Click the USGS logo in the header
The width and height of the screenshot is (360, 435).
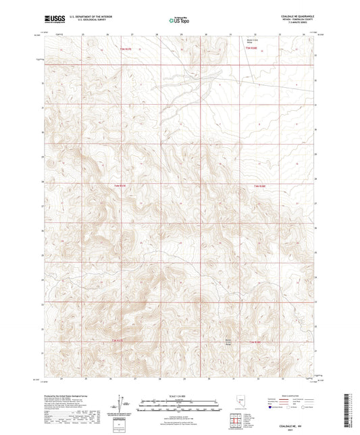(52, 20)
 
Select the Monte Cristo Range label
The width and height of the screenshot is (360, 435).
(228, 340)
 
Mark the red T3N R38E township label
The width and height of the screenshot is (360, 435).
(253, 342)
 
